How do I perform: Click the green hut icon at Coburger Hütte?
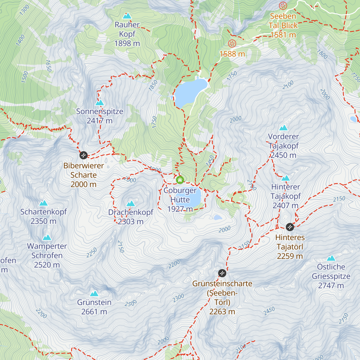pos(180,180)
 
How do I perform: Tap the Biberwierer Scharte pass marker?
pos(83,155)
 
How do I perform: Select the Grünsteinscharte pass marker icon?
pos(222,273)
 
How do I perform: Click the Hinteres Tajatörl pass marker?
pos(289,227)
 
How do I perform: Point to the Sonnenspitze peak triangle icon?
pos(99,103)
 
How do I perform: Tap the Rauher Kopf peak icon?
pos(127,16)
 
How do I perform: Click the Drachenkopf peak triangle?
pos(130,204)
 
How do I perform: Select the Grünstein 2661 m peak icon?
pos(94,293)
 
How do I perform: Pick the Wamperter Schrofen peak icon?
pos(47,238)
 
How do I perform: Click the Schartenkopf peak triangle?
pos(43,203)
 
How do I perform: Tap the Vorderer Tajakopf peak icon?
pos(283,128)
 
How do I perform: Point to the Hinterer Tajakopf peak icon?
pos(286,178)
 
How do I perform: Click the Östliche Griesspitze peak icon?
pos(331,258)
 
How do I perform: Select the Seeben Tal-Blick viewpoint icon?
pos(283,6)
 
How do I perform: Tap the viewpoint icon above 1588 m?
pos(232,44)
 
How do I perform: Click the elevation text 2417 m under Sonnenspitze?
pos(100,121)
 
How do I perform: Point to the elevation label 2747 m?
pos(331,286)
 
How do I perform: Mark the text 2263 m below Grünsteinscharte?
pos(222,312)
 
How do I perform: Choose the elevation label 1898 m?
pos(127,43)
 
